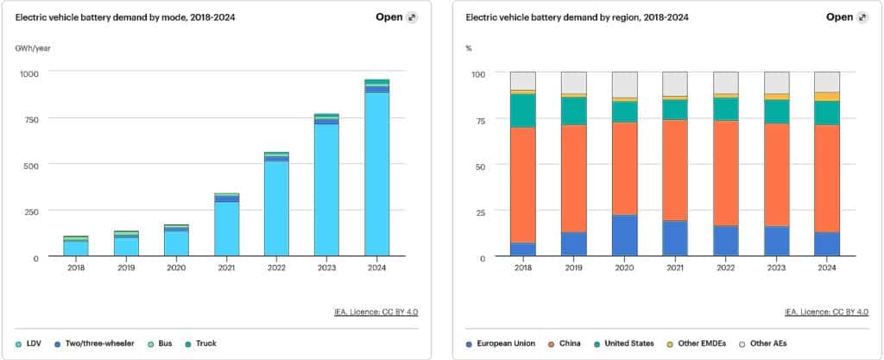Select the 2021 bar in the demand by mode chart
pyautogui.click(x=226, y=225)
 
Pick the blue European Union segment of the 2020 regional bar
pyautogui.click(x=624, y=235)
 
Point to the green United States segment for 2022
pyautogui.click(x=726, y=109)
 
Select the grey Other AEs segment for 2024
pyautogui.click(x=827, y=81)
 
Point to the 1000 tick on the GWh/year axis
pyautogui.click(x=31, y=74)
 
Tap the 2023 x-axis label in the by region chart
pyautogui.click(x=776, y=268)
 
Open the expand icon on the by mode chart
pyautogui.click(x=412, y=16)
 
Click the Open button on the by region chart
pyautogui.click(x=838, y=16)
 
